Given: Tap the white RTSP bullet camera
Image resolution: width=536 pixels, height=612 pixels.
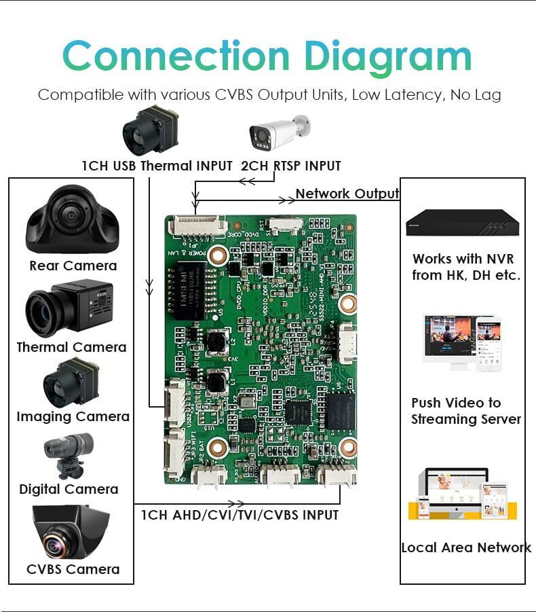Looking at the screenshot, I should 279,132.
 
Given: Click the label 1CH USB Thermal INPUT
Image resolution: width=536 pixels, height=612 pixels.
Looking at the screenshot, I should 157,166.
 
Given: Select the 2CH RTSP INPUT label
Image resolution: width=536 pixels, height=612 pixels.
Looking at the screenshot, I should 290,166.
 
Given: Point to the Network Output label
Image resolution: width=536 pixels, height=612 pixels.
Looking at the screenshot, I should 347,194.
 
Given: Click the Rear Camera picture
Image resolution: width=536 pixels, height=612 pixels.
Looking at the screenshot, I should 73,219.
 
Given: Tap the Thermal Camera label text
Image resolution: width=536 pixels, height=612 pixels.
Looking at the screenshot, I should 71,347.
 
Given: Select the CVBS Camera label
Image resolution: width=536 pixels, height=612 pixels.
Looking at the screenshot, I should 73,569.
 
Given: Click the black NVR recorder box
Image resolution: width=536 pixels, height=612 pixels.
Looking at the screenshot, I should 458,222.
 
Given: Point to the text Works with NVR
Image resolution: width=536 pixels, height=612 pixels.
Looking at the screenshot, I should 463,259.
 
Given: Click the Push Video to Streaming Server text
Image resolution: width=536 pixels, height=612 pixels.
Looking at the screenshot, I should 465,411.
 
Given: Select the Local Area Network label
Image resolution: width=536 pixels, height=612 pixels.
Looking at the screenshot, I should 465,547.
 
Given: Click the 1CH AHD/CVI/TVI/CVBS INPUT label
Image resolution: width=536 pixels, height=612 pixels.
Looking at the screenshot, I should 240,515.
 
